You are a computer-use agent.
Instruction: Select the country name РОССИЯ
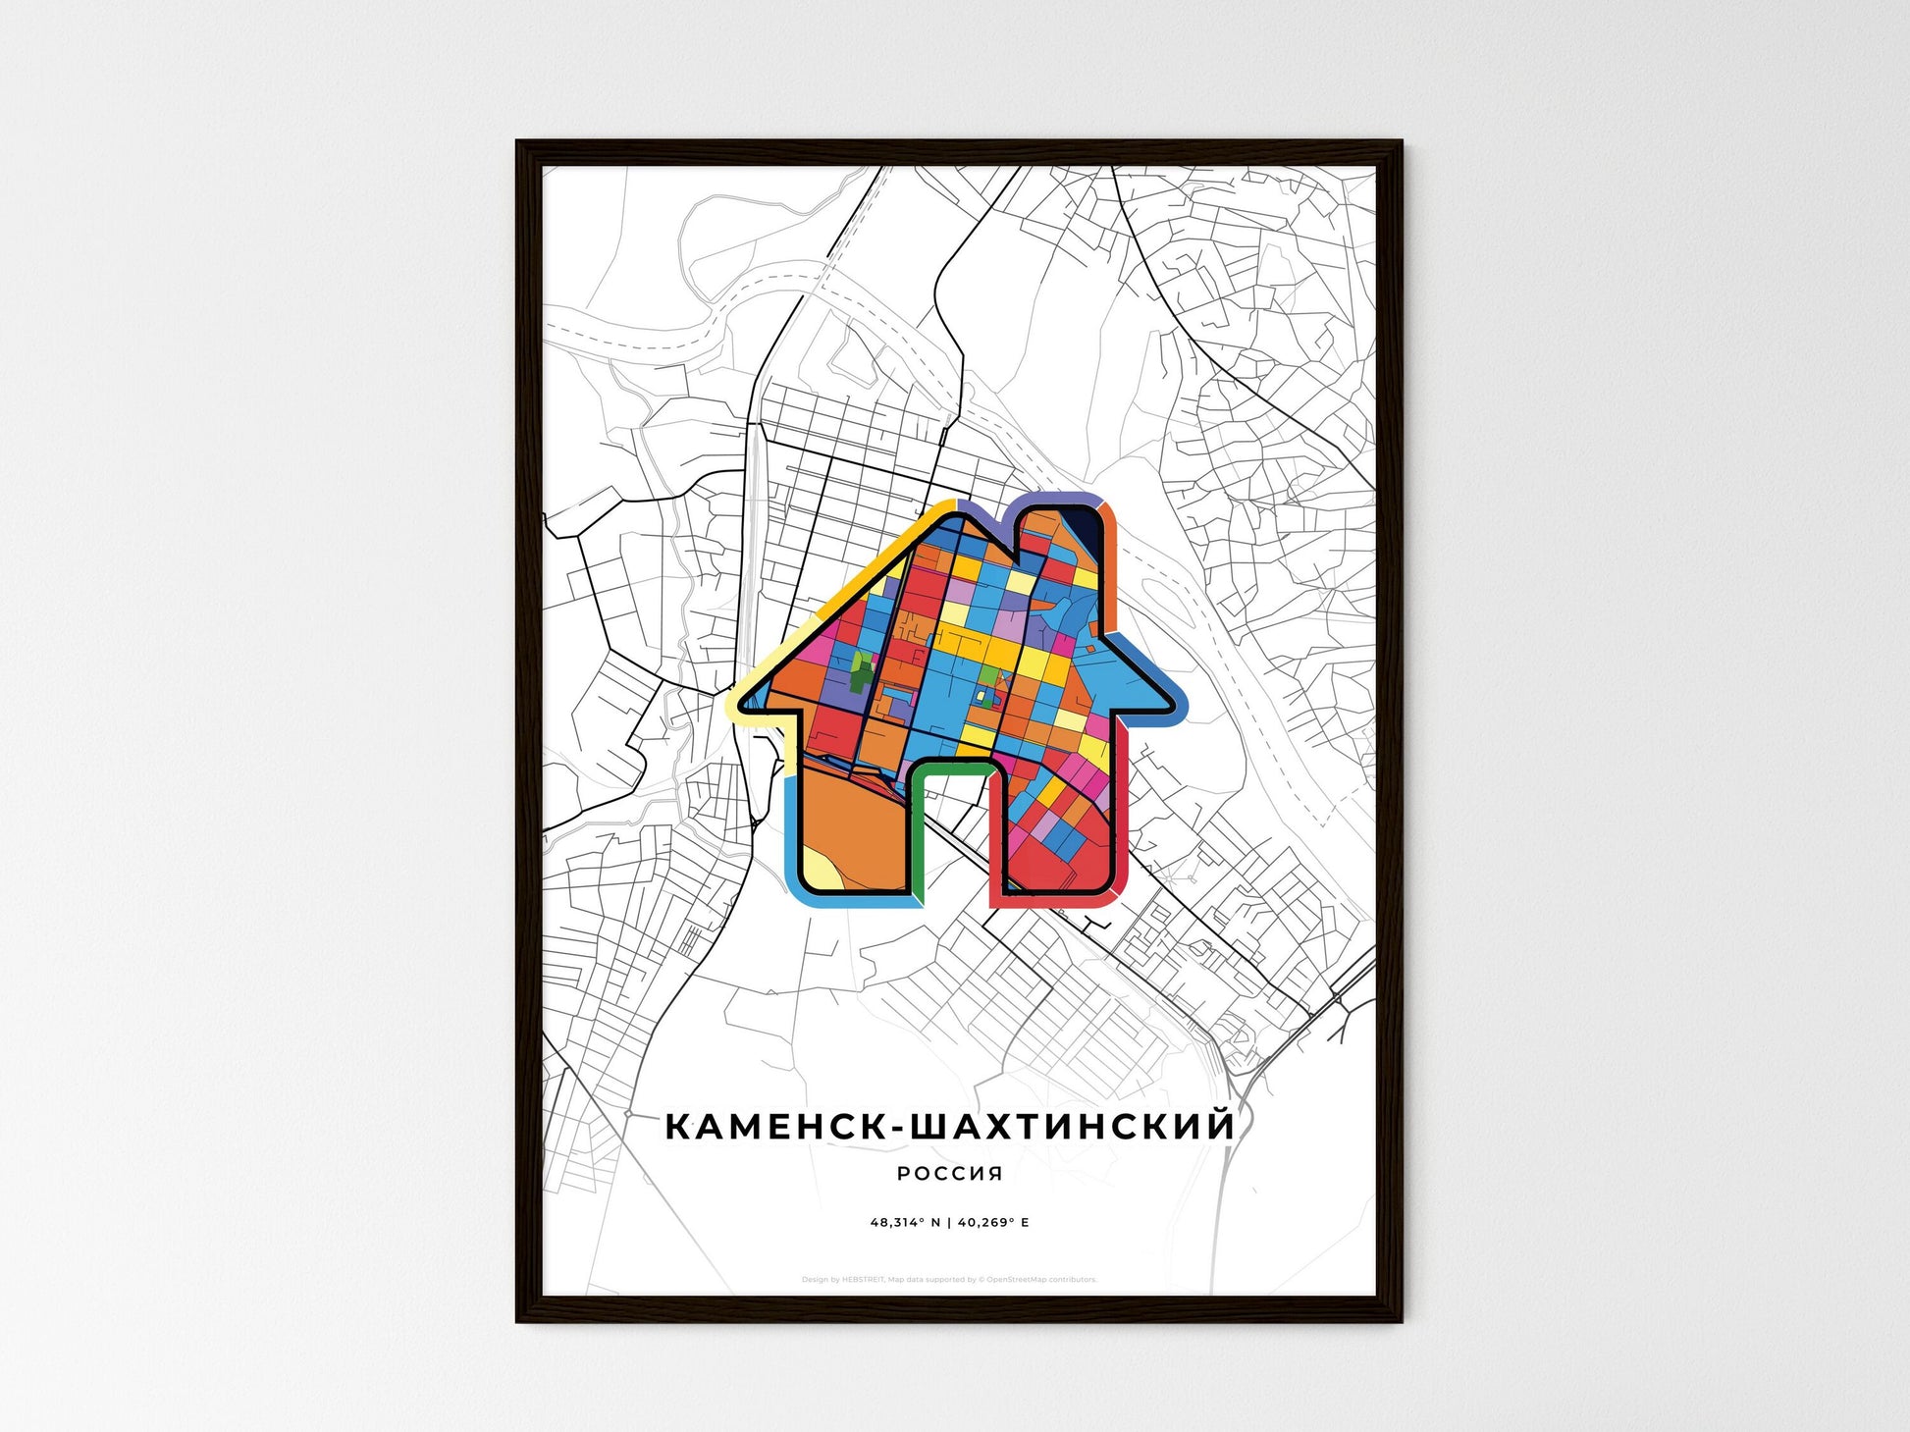point(950,1173)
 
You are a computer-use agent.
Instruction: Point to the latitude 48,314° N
point(905,1223)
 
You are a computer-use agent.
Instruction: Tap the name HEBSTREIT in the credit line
point(864,1280)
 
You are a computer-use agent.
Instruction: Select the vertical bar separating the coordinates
point(950,1223)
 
